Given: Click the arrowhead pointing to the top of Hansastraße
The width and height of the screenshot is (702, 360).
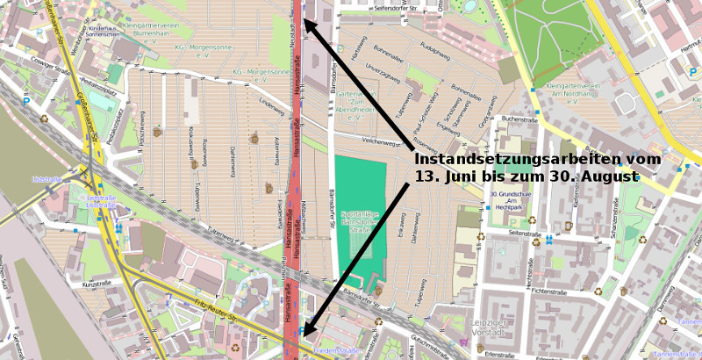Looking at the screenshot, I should pyautogui.click(x=309, y=27).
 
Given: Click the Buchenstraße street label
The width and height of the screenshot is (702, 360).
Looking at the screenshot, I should pyautogui.click(x=519, y=119).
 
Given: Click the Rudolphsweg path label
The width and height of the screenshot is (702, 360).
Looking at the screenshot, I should pyautogui.click(x=435, y=50).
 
